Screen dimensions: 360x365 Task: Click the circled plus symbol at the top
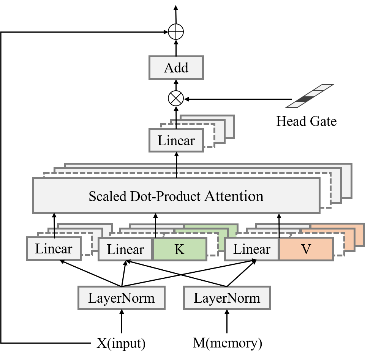pyautogui.click(x=176, y=32)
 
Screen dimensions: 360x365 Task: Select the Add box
pyautogui.click(x=176, y=68)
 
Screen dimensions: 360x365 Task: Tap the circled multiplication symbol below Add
pyautogui.click(x=175, y=99)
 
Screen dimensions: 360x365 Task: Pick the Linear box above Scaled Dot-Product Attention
pyautogui.click(x=176, y=141)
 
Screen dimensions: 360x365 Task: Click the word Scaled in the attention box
pyautogui.click(x=108, y=196)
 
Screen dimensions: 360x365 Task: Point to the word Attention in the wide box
pyautogui.click(x=234, y=196)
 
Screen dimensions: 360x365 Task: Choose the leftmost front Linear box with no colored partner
pyautogui.click(x=54, y=249)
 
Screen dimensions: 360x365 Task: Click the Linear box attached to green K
pyautogui.click(x=125, y=250)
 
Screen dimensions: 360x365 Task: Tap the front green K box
pyautogui.click(x=180, y=250)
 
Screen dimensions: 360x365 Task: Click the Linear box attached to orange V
pyautogui.click(x=252, y=250)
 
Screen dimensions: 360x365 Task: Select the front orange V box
pyautogui.click(x=306, y=250)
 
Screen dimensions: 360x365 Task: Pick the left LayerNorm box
pyautogui.click(x=122, y=298)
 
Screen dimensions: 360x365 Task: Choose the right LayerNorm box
pyautogui.click(x=227, y=298)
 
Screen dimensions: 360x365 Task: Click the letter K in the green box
pyautogui.click(x=180, y=250)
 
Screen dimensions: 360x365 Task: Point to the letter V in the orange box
pyautogui.click(x=306, y=250)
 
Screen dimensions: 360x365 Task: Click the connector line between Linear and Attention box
pyautogui.click(x=176, y=165)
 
